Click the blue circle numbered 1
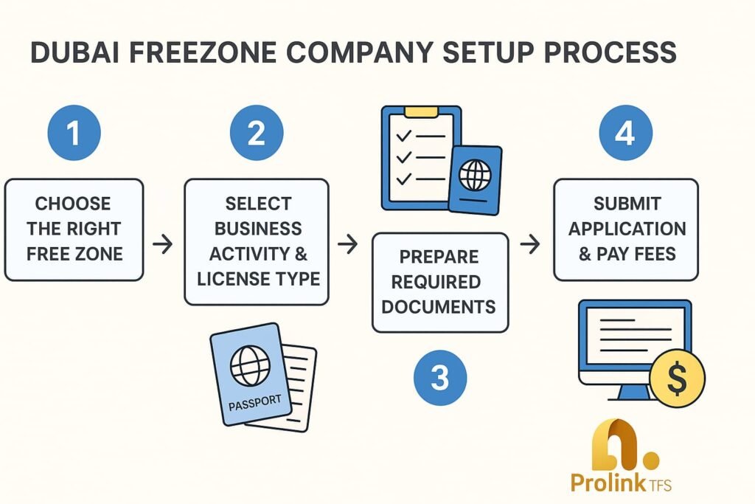coord(73,134)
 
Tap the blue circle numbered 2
coord(256,134)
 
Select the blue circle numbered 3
coord(439,379)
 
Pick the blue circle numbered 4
coord(625,134)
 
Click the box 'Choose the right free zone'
coord(74,229)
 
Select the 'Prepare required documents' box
coord(440,282)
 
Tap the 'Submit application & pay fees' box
coord(625,229)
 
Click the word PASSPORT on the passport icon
coord(254,403)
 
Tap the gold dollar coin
coord(677,379)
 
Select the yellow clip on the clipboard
coord(421,112)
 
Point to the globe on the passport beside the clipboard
coord(475,176)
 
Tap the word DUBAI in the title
coord(69,53)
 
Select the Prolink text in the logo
coord(605,483)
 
